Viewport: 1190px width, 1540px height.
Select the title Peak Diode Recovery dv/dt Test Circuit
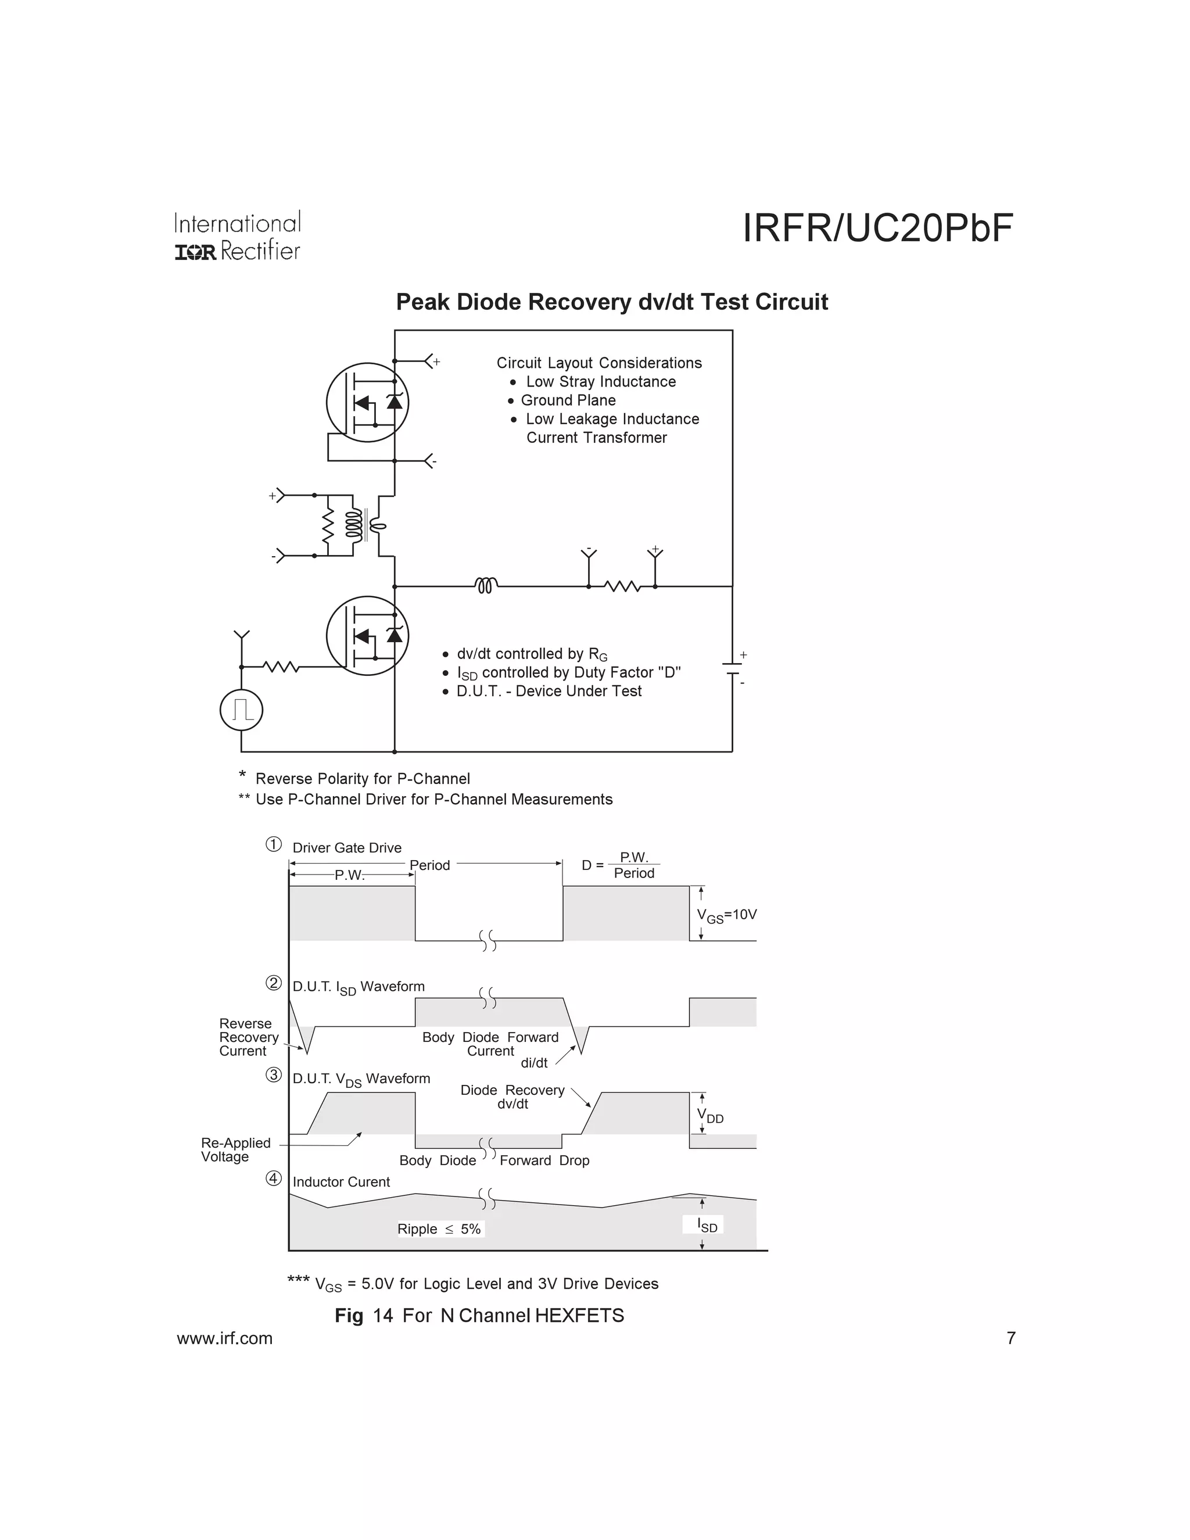(x=611, y=302)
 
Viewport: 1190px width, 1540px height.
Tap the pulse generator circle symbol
(x=241, y=710)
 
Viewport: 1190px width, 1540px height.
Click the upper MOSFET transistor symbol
(x=367, y=403)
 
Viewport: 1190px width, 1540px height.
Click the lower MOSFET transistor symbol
(x=367, y=635)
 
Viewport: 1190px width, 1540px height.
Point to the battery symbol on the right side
(x=733, y=668)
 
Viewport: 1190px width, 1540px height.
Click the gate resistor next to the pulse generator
(x=281, y=667)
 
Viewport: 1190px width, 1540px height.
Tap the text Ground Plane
(x=568, y=400)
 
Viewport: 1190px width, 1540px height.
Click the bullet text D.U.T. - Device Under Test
(x=549, y=691)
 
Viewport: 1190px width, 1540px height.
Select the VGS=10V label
(x=726, y=915)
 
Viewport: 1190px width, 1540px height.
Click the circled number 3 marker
(x=274, y=1075)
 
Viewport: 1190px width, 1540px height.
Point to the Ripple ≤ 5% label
(x=439, y=1229)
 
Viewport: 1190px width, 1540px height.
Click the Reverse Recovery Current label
(x=248, y=1037)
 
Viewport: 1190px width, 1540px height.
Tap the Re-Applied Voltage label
(x=235, y=1149)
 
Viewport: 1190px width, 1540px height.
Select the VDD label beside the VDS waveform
(x=710, y=1116)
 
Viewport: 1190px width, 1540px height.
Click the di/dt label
(x=533, y=1063)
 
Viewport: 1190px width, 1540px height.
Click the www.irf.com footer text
(x=224, y=1338)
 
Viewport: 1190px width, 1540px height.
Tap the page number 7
(x=1011, y=1338)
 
